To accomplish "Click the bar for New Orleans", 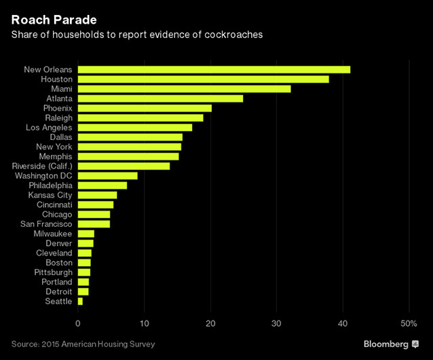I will tap(214, 69).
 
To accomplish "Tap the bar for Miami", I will tap(184, 89).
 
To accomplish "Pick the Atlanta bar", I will tap(160, 98).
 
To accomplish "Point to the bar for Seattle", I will tap(80, 301).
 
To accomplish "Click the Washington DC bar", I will tap(107, 175).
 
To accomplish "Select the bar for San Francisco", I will tap(94, 223).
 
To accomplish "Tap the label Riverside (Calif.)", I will tap(42, 166).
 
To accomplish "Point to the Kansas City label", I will tap(50, 195).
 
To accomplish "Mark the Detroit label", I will tap(58, 291).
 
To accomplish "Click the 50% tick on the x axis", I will tap(409, 323).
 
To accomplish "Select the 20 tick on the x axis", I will tap(210, 323).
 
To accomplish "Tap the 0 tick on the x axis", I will tap(79, 323).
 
